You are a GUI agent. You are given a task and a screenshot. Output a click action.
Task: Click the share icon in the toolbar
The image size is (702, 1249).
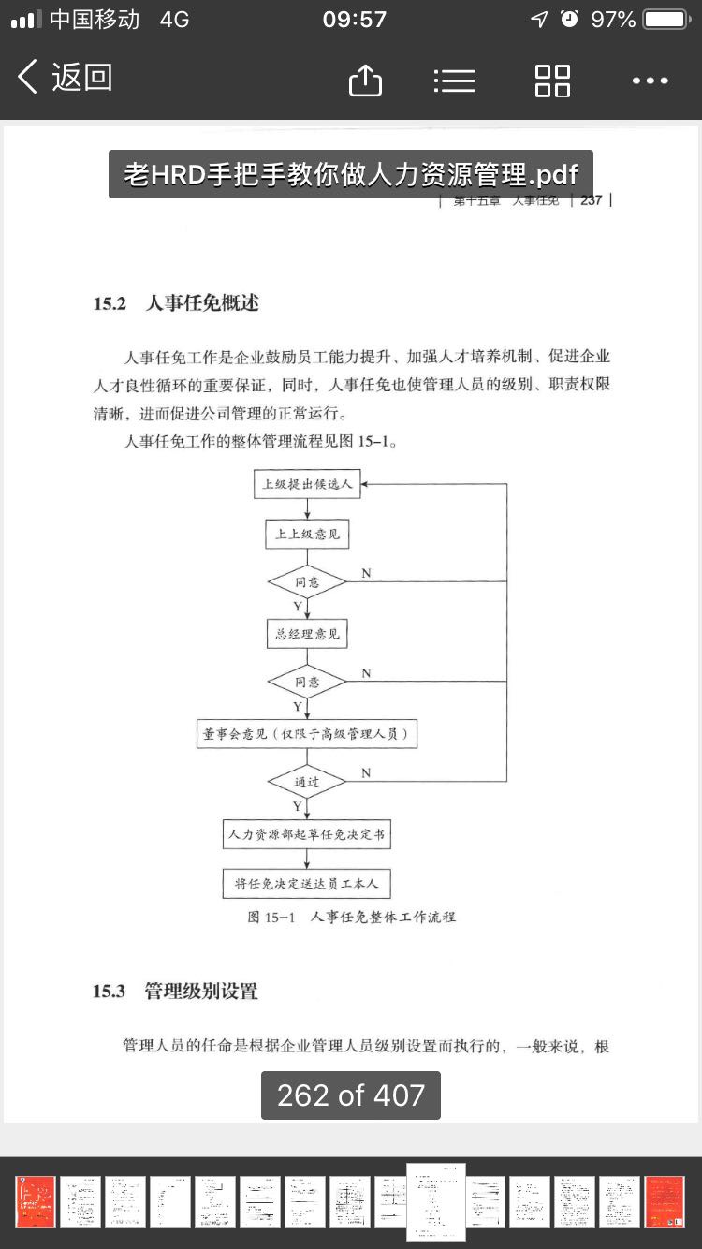click(365, 81)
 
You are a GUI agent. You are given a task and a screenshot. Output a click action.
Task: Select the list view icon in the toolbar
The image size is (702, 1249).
click(455, 81)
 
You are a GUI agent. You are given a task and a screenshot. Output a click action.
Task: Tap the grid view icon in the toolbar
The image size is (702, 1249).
click(552, 81)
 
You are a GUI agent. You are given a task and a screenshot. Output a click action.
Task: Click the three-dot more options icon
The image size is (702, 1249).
click(650, 81)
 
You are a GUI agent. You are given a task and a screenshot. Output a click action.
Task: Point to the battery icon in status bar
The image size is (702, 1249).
click(666, 20)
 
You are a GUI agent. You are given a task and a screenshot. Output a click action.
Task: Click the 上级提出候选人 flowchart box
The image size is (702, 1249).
click(307, 484)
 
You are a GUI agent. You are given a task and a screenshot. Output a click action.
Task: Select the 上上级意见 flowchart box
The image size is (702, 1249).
click(307, 535)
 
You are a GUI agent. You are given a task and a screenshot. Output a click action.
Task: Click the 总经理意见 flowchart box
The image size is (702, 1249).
click(307, 634)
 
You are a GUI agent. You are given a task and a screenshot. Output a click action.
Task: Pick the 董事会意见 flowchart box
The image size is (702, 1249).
click(307, 734)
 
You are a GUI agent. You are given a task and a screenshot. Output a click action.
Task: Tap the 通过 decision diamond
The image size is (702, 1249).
click(307, 781)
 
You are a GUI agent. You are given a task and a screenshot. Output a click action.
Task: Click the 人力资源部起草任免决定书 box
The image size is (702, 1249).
click(307, 833)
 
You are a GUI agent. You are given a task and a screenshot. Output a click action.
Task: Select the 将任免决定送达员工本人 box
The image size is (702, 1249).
click(307, 883)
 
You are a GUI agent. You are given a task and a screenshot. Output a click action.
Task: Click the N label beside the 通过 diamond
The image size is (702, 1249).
click(366, 772)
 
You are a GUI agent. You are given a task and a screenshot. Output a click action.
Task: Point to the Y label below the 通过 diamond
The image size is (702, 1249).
click(297, 806)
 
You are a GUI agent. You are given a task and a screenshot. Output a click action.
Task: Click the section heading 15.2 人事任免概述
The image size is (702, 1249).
click(176, 303)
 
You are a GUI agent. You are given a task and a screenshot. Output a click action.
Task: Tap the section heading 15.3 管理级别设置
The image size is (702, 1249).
click(175, 992)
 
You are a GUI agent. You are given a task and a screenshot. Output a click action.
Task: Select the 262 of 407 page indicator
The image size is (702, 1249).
click(351, 1095)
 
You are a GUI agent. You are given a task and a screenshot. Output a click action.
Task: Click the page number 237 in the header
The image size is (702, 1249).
click(591, 199)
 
